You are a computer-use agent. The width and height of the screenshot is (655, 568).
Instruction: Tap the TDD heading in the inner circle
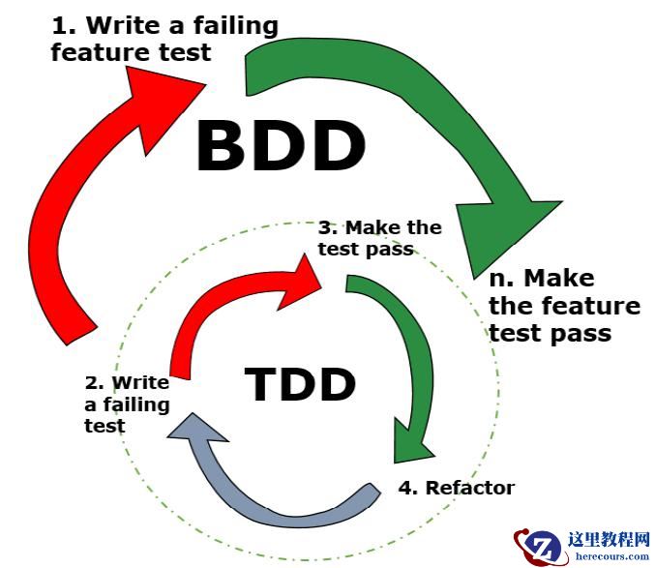300,384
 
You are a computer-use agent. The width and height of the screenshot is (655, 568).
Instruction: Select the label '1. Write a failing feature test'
164,39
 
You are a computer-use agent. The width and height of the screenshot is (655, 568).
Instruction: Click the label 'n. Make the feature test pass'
564,306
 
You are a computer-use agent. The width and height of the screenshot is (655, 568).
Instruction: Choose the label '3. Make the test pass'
379,238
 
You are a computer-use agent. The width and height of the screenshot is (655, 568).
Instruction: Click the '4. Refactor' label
457,487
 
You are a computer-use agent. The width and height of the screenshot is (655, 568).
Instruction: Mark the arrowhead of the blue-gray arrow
194,435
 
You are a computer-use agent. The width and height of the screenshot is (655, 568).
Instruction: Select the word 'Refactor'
470,487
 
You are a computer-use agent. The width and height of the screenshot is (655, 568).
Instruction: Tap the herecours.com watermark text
612,555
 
